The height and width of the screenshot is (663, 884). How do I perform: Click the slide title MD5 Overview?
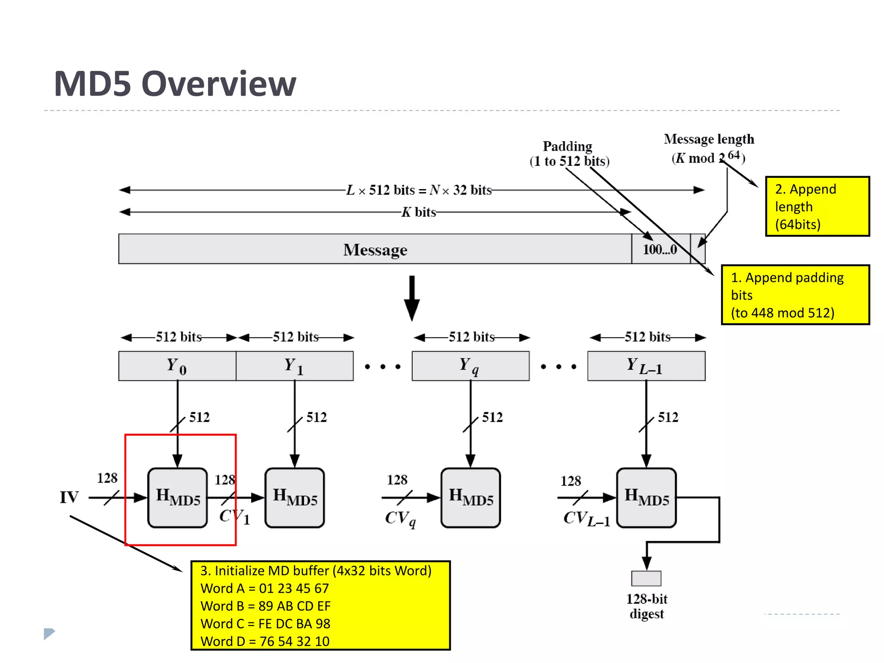pos(175,84)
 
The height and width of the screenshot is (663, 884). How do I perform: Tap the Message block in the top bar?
pos(375,249)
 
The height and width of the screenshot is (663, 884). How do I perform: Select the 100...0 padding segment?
pos(660,249)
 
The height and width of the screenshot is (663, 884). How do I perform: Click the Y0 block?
pos(177,366)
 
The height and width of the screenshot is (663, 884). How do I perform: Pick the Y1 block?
pos(294,366)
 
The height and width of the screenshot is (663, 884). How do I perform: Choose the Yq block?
pos(470,366)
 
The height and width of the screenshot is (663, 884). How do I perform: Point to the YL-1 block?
pos(646,366)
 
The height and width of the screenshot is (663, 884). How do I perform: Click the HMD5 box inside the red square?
pos(177,498)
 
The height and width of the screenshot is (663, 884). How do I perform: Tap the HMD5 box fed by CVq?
pos(470,498)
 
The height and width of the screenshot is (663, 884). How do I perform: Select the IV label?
pos(69,497)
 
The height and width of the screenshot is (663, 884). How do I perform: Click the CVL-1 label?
pos(586,518)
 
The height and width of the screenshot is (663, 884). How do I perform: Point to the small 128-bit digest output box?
pos(646,578)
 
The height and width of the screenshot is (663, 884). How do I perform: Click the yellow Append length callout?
pos(817,206)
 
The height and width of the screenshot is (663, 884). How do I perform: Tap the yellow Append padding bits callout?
pos(795,295)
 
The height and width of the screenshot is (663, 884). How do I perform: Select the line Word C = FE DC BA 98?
pos(265,624)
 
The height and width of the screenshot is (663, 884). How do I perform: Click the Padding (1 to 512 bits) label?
pos(568,154)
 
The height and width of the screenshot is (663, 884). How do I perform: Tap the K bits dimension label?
pos(419,212)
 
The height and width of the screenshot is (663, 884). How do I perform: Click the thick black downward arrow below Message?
pos(412,298)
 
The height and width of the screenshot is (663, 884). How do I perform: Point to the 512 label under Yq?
pos(492,417)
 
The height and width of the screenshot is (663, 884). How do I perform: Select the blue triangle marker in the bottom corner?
pos(49,634)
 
